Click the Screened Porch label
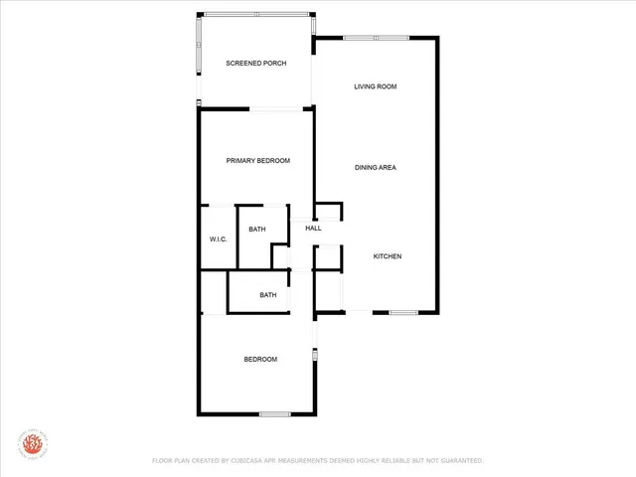tap(255, 64)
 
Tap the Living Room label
tap(376, 86)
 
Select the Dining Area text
tap(376, 167)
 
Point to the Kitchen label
tap(388, 256)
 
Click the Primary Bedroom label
tap(257, 161)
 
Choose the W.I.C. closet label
tap(219, 239)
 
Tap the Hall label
tap(313, 229)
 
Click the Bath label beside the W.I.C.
tap(257, 230)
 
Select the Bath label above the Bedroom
tap(268, 295)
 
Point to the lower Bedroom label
tap(260, 359)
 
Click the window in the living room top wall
tap(376, 38)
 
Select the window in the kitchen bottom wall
tap(402, 313)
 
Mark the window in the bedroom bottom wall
tap(274, 413)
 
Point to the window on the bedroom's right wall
tap(315, 353)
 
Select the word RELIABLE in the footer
tap(397, 461)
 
